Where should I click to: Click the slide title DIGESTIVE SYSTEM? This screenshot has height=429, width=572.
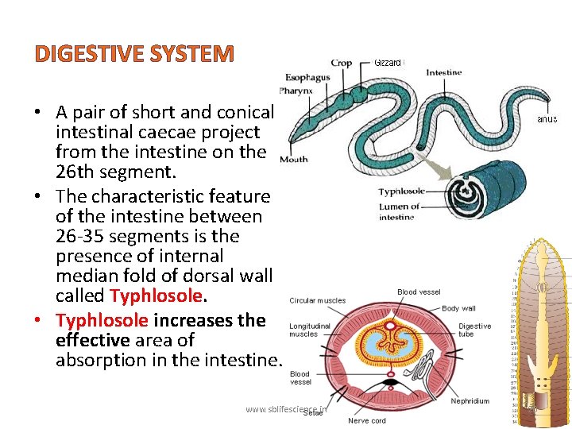coord(134,54)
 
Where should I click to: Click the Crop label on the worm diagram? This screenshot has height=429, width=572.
coord(342,63)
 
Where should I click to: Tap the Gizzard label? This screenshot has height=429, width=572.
coord(388,62)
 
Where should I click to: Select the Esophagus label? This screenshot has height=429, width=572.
coord(307,78)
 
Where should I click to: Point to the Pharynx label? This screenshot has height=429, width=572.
coord(296,91)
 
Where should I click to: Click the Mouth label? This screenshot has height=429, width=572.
coord(293,159)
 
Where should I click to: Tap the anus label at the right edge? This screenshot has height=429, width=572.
coord(547,119)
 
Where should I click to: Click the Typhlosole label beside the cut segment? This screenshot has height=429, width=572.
coord(401,191)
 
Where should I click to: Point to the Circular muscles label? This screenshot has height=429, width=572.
coord(318,300)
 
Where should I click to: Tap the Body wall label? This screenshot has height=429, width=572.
coord(458,308)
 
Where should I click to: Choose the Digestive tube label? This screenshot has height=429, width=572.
coord(474,330)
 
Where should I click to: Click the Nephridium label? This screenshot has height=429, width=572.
coord(470,401)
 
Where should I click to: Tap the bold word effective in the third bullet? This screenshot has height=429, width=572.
coord(93,340)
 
